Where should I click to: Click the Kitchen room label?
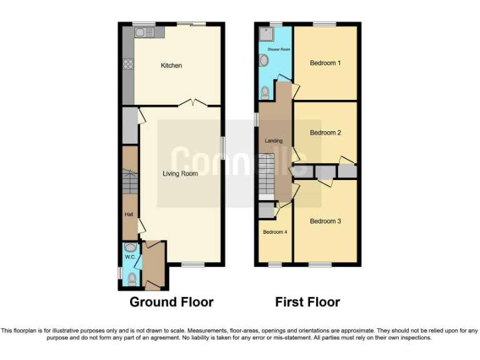(171, 66)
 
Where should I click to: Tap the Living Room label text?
(180, 174)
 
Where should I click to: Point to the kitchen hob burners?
(129, 63)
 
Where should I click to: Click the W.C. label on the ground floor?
(130, 257)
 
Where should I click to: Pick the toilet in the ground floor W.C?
(131, 278)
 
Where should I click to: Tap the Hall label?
(129, 214)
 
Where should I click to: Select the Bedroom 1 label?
(325, 62)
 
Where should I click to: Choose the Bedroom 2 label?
(325, 132)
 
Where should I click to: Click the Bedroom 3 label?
(325, 221)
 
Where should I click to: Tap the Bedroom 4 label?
(275, 232)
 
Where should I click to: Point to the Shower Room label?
(279, 49)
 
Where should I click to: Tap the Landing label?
(274, 141)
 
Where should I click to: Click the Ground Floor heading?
(171, 302)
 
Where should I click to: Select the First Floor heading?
(307, 302)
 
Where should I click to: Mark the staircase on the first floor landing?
(267, 175)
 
